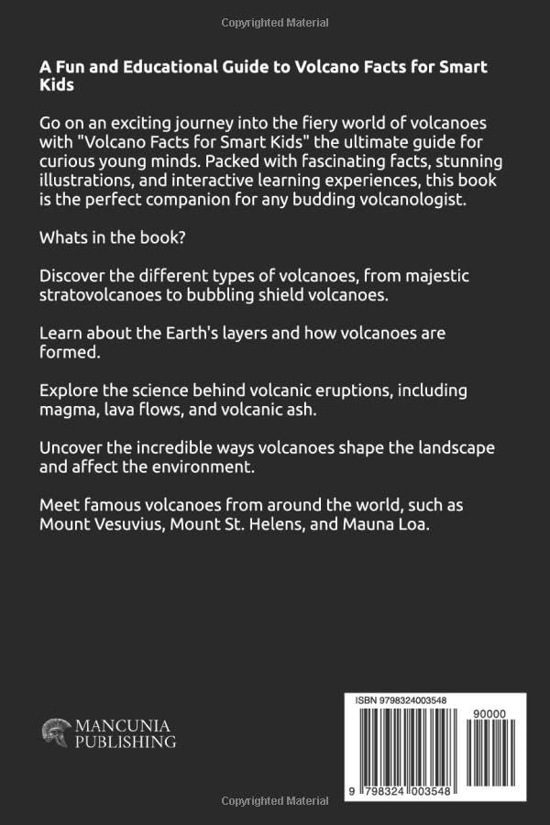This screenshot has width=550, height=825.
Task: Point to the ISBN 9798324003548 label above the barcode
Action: [401, 700]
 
